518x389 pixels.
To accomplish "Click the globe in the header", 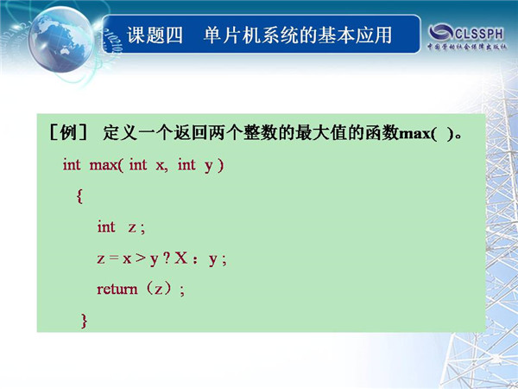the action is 60,39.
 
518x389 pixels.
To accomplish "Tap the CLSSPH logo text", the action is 479,34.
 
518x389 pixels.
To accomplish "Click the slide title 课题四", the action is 155,35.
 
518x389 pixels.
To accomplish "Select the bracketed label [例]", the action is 68,133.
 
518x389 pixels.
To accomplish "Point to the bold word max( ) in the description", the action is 426,134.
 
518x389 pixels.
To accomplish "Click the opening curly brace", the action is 79,196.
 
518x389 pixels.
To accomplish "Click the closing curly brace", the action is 85,321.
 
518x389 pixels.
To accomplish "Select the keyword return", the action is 117,289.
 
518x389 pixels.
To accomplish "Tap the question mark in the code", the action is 167,258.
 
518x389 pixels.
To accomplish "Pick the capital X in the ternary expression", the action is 181,258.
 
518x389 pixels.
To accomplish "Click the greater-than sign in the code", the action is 141,258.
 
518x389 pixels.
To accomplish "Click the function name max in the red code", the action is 104,165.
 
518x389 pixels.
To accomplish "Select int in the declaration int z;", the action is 106,226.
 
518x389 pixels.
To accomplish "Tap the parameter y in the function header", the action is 208,166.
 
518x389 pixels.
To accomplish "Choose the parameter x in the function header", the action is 161,165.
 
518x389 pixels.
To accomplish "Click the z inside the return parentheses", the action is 159,290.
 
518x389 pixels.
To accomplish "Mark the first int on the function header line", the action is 72,165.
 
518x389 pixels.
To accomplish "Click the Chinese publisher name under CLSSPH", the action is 466,47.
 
